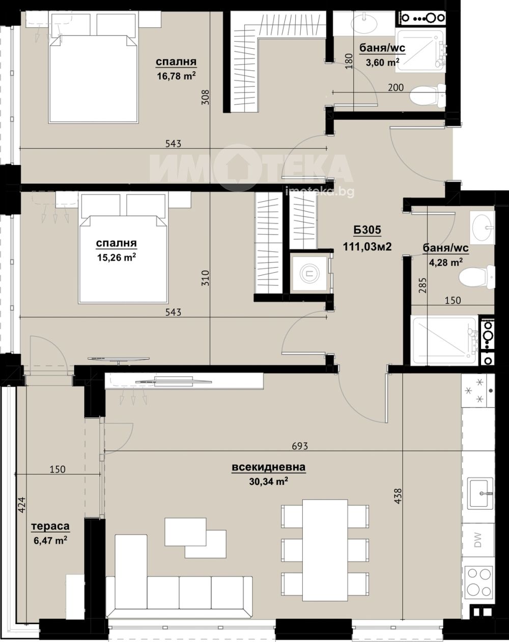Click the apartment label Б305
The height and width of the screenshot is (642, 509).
[367, 230]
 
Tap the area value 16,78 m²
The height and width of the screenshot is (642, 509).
[177, 76]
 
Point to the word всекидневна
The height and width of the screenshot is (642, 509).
[269, 467]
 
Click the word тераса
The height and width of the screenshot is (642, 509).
[50, 526]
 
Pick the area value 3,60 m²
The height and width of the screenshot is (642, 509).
[383, 63]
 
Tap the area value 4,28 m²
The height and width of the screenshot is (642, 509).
[446, 262]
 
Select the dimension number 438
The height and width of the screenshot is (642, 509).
[398, 496]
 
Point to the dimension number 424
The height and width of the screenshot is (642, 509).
[22, 505]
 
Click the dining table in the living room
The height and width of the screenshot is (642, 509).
[325, 542]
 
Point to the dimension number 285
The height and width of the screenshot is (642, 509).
[422, 285]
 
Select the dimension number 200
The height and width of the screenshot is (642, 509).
[395, 87]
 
